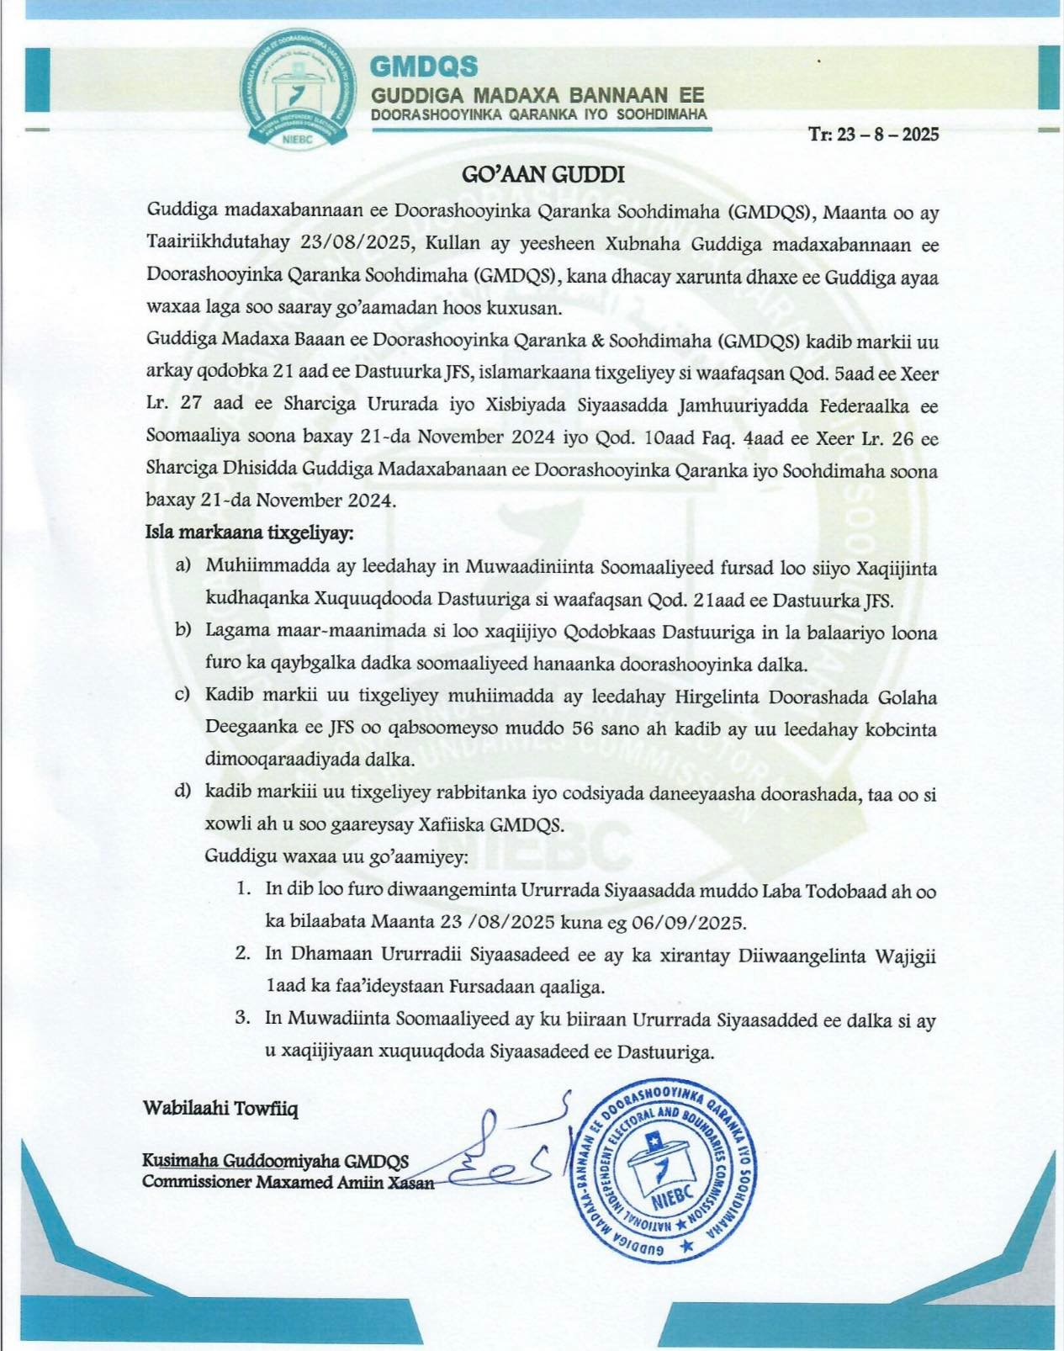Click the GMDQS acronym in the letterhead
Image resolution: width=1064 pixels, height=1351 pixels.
pyautogui.click(x=424, y=66)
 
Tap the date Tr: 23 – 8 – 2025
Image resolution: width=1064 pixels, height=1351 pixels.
pyautogui.click(x=873, y=135)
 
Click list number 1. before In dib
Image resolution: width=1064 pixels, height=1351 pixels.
pyautogui.click(x=243, y=888)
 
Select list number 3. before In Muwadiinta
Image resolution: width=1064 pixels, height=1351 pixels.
pyautogui.click(x=243, y=1018)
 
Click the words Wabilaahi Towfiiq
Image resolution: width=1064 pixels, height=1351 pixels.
pyautogui.click(x=220, y=1108)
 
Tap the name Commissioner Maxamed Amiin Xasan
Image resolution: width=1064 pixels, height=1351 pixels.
pyautogui.click(x=288, y=1181)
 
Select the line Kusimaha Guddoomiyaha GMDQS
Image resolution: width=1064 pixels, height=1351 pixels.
pyautogui.click(x=275, y=1161)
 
